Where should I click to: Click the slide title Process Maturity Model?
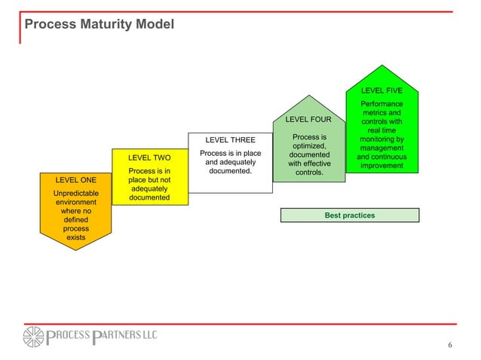click(x=100, y=26)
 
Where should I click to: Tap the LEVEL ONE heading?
click(x=76, y=181)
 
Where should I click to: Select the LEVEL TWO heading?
click(x=149, y=158)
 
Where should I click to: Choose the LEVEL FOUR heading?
click(x=308, y=120)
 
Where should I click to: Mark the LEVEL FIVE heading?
click(x=381, y=91)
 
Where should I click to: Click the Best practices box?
click(x=349, y=215)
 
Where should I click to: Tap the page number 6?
click(x=450, y=346)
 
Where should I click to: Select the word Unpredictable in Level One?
click(x=76, y=194)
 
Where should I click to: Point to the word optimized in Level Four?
click(x=308, y=146)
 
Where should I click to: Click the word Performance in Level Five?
click(x=381, y=104)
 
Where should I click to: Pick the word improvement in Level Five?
click(x=381, y=166)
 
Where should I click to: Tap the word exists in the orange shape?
click(x=76, y=237)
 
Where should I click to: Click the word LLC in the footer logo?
click(x=144, y=335)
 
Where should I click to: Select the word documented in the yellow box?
click(x=149, y=198)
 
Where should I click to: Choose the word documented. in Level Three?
click(x=230, y=172)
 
